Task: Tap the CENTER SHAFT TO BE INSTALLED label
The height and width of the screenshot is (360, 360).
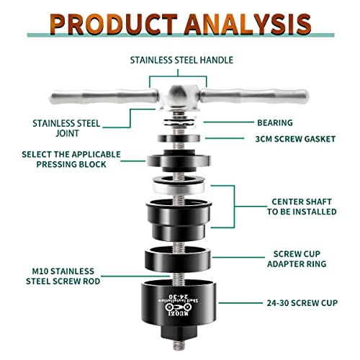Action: (x=303, y=207)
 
